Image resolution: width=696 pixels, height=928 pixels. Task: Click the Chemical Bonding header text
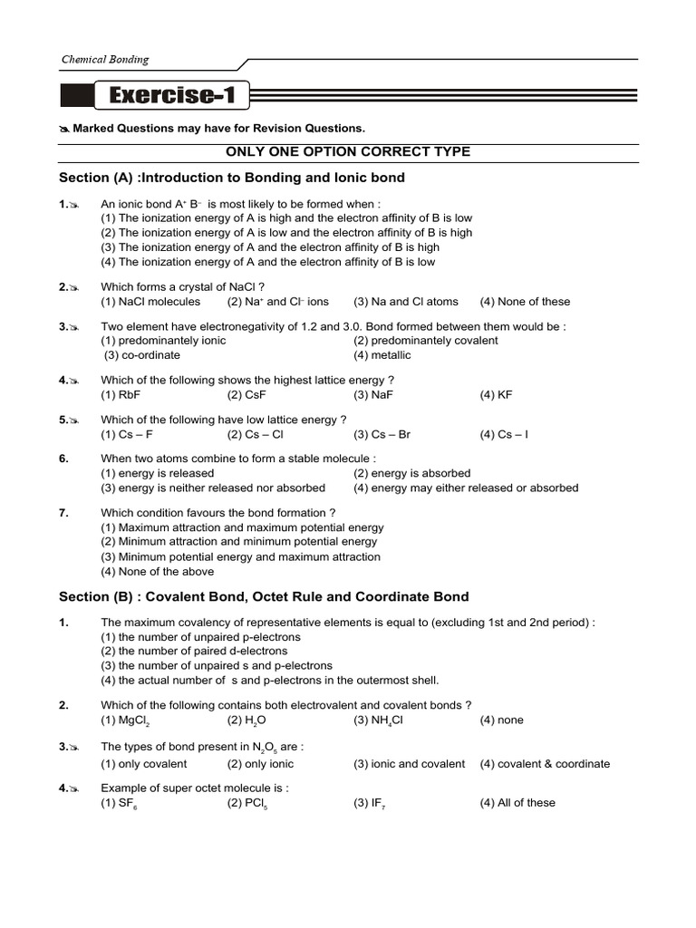point(104,60)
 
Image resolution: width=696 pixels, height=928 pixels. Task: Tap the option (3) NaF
point(373,395)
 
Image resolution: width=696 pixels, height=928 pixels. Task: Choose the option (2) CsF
point(246,395)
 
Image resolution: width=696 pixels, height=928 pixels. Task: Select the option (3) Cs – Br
point(382,434)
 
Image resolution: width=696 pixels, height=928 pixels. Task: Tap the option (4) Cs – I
point(504,434)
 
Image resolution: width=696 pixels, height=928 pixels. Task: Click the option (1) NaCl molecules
point(150,302)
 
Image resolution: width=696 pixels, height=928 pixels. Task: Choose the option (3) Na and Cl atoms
point(406,302)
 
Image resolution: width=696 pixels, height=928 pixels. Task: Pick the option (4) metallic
point(382,355)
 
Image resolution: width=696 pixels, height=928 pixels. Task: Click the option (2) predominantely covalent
point(426,341)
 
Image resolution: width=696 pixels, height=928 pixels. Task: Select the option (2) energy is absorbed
point(412,473)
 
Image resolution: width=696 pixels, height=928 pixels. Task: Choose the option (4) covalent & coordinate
point(545,764)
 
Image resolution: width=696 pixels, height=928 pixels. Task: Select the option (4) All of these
point(517,803)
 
